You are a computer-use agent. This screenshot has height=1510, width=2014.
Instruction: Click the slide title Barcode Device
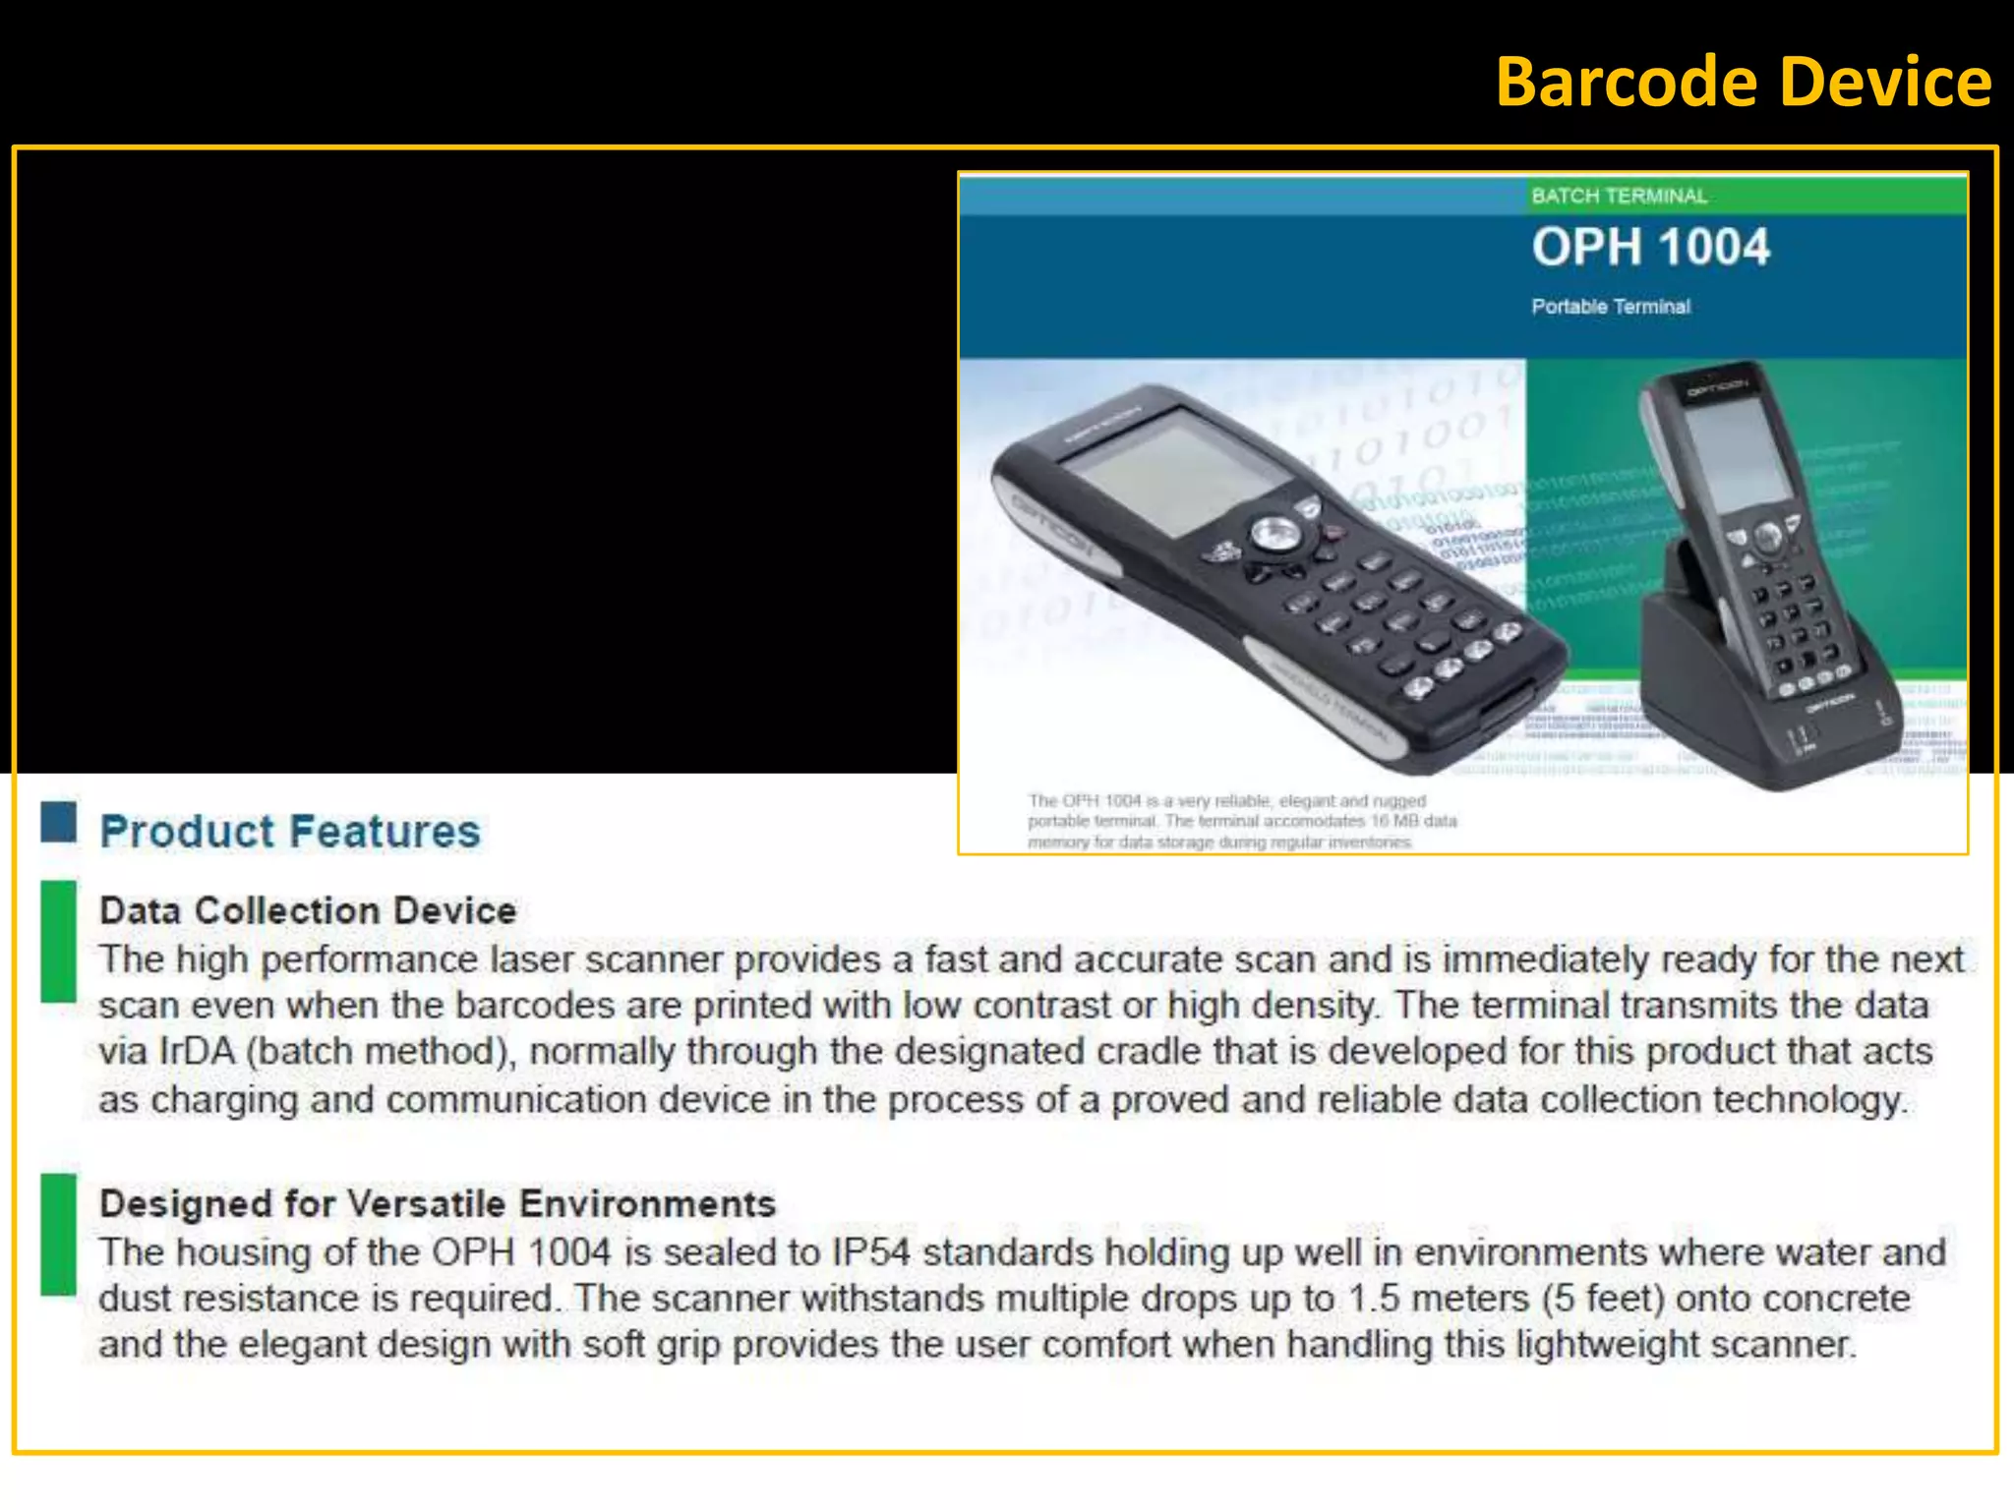pos(1743,83)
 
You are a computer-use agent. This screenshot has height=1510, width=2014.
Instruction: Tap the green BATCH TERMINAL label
pos(1619,196)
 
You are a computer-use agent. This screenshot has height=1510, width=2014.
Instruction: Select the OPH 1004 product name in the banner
pos(1650,247)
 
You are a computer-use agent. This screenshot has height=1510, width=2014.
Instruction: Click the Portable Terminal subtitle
pos(1610,307)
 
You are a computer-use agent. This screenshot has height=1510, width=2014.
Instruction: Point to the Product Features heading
pos(290,832)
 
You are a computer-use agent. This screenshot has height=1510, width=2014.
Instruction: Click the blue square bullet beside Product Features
pos(59,822)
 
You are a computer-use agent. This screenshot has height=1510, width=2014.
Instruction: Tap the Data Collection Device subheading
pos(308,910)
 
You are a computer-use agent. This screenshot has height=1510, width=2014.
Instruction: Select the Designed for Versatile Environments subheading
pos(438,1203)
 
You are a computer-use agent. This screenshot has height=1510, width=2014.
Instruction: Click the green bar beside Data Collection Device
pos(59,941)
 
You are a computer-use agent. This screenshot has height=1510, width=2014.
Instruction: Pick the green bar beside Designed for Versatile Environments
pos(59,1234)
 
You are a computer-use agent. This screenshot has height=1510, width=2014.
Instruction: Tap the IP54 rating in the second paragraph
pos(870,1252)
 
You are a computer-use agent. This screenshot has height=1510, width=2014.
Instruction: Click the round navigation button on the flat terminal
pos(1275,535)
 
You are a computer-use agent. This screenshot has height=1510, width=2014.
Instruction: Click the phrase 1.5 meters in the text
pos(1438,1299)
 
